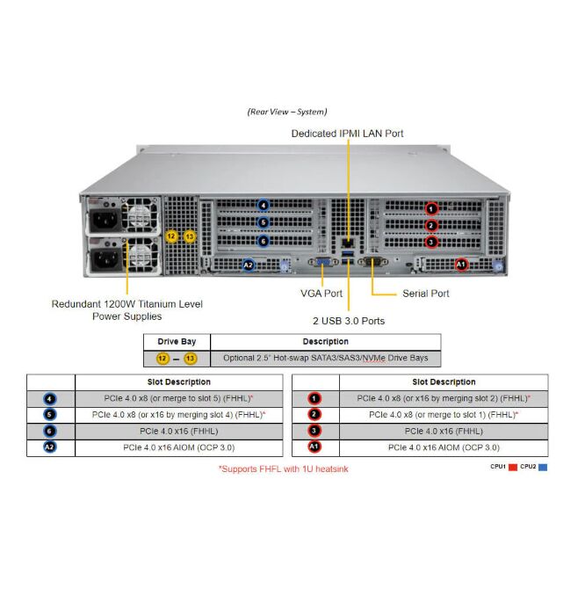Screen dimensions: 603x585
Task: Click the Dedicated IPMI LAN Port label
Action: point(348,134)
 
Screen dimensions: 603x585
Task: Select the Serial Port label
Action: point(425,293)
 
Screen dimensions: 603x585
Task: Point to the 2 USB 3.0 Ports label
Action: point(348,321)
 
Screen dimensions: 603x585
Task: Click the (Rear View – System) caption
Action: point(286,112)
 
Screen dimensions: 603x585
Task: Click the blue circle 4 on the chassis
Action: point(263,206)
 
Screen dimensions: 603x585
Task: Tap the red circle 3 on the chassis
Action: point(430,242)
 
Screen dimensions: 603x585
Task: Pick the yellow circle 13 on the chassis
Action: point(190,236)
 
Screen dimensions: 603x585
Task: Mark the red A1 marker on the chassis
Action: point(462,264)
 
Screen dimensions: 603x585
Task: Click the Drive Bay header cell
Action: point(177,341)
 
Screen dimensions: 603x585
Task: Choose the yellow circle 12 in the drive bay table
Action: point(162,359)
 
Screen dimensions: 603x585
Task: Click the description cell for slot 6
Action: point(179,431)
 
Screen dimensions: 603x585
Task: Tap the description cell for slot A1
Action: point(444,447)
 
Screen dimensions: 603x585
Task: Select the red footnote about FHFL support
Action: point(283,469)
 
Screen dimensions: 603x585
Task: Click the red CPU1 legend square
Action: point(512,467)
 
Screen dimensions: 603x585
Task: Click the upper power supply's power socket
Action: point(105,219)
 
